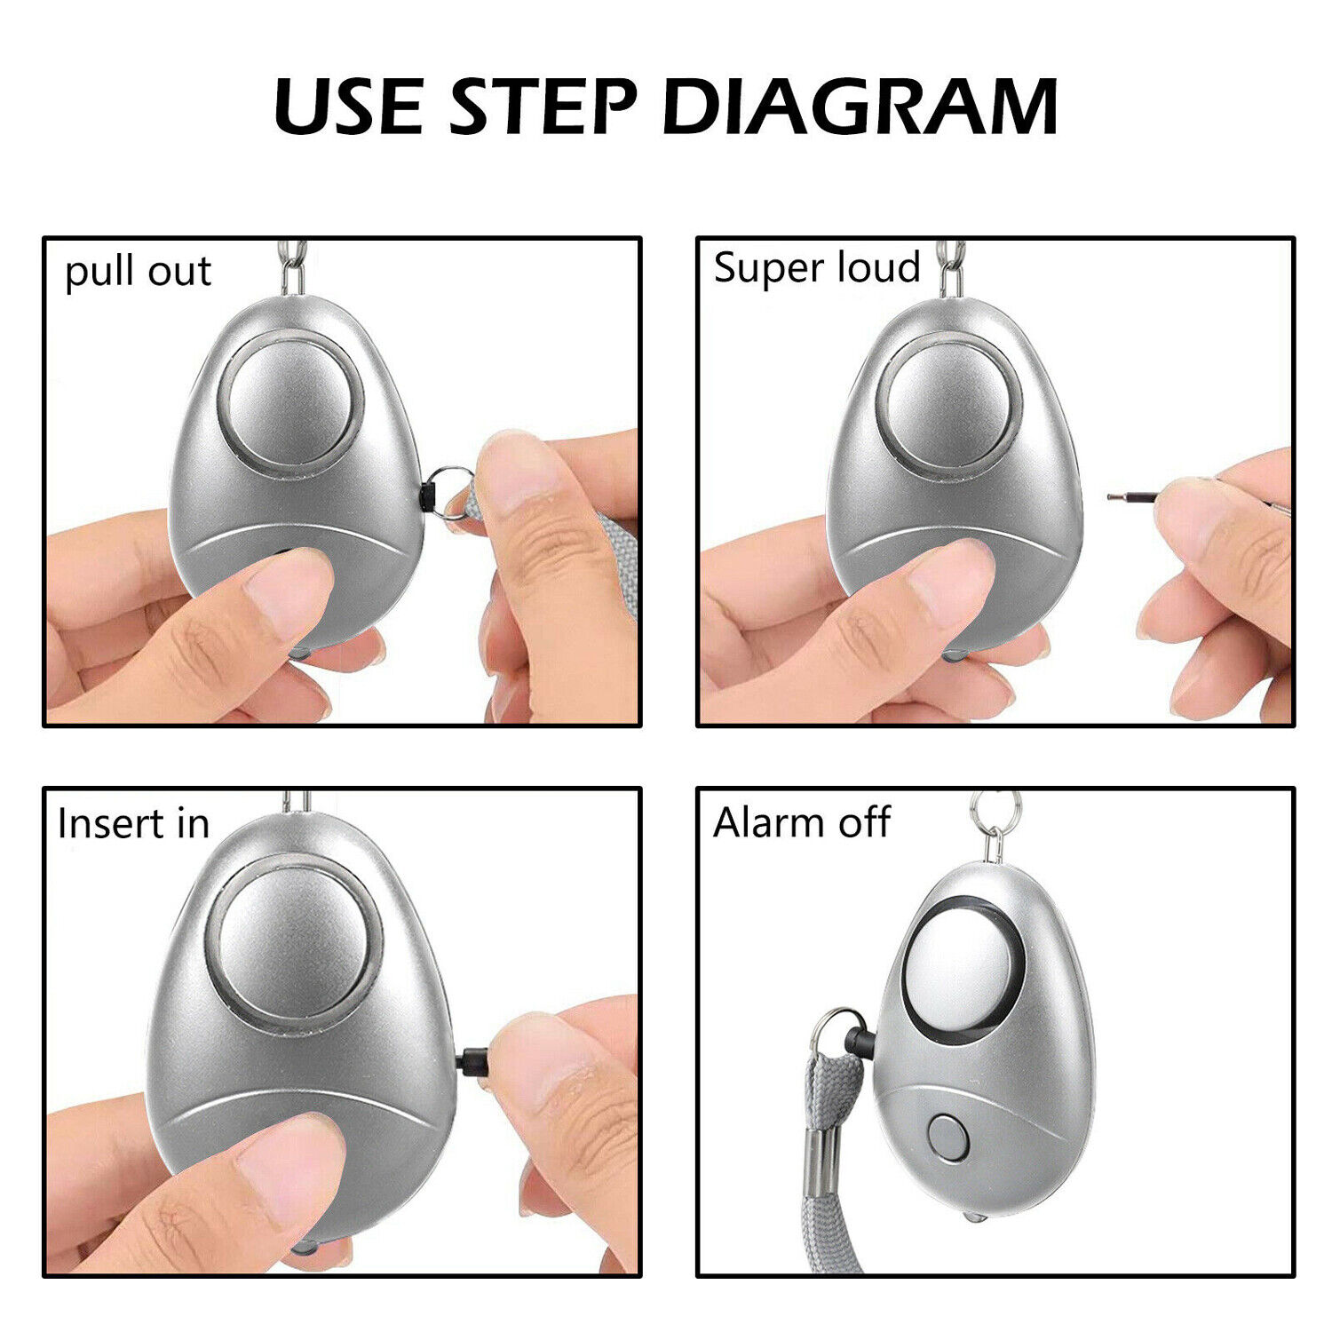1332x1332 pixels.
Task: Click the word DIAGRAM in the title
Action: pyautogui.click(x=860, y=107)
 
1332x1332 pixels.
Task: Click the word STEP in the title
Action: pyautogui.click(x=543, y=107)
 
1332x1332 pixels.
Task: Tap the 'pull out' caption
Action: pyautogui.click(x=138, y=272)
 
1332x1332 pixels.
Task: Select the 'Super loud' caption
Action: pyautogui.click(x=816, y=267)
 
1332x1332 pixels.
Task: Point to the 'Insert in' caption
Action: pyautogui.click(x=133, y=823)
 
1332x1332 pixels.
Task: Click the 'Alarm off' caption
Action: pyautogui.click(x=801, y=822)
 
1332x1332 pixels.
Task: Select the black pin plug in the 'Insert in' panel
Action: pyautogui.click(x=473, y=1061)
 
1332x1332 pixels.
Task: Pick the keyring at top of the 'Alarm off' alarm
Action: pyautogui.click(x=994, y=813)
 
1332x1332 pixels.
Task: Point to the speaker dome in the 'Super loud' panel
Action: pyautogui.click(x=948, y=405)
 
